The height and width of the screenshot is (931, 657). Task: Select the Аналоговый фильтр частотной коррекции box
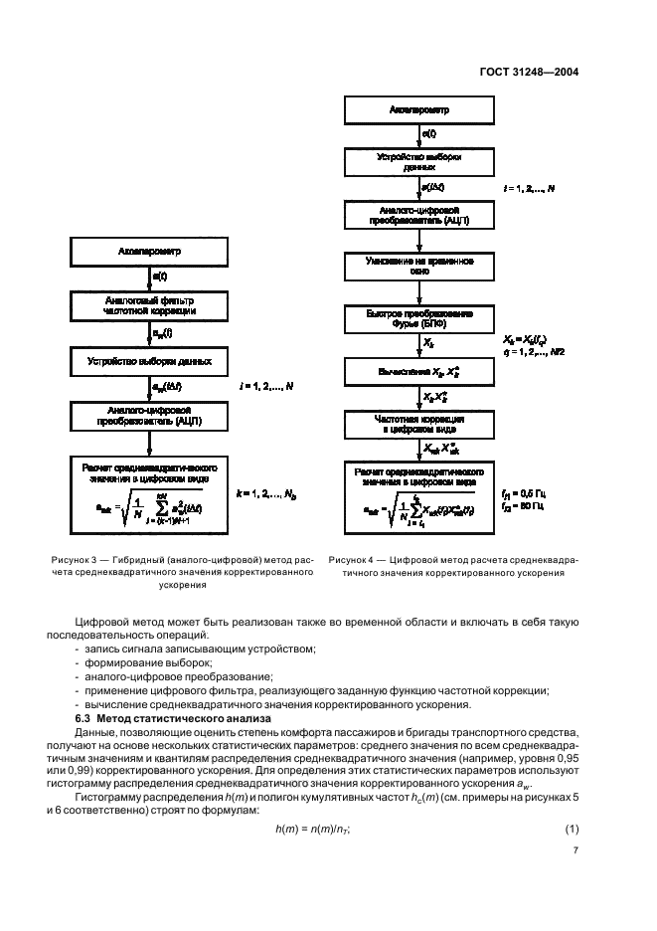(x=152, y=304)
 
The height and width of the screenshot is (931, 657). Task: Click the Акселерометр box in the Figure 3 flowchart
(x=152, y=252)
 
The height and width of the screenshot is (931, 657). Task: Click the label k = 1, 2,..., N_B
(x=267, y=492)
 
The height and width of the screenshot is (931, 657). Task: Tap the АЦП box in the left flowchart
(x=152, y=414)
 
